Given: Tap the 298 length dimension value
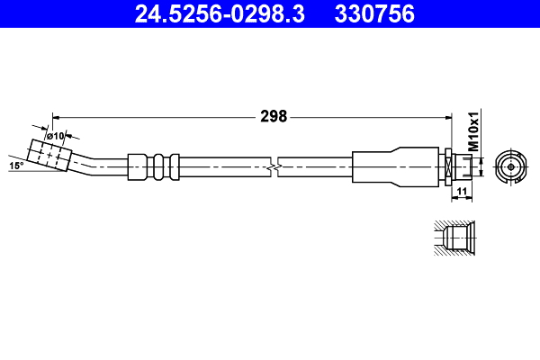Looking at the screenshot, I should click(273, 115).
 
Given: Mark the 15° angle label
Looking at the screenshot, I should click(15, 166).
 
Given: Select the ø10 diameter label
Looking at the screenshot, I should click(55, 136).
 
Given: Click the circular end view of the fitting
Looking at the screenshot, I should click(510, 166).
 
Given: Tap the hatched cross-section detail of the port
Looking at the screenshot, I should click(451, 238).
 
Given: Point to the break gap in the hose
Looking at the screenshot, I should click(274, 166).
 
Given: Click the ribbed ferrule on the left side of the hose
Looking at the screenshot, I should click(153, 166).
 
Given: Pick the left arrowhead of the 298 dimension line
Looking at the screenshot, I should click(57, 115).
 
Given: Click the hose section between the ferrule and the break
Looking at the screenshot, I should click(225, 166).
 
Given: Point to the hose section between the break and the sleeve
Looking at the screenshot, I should click(315, 166).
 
